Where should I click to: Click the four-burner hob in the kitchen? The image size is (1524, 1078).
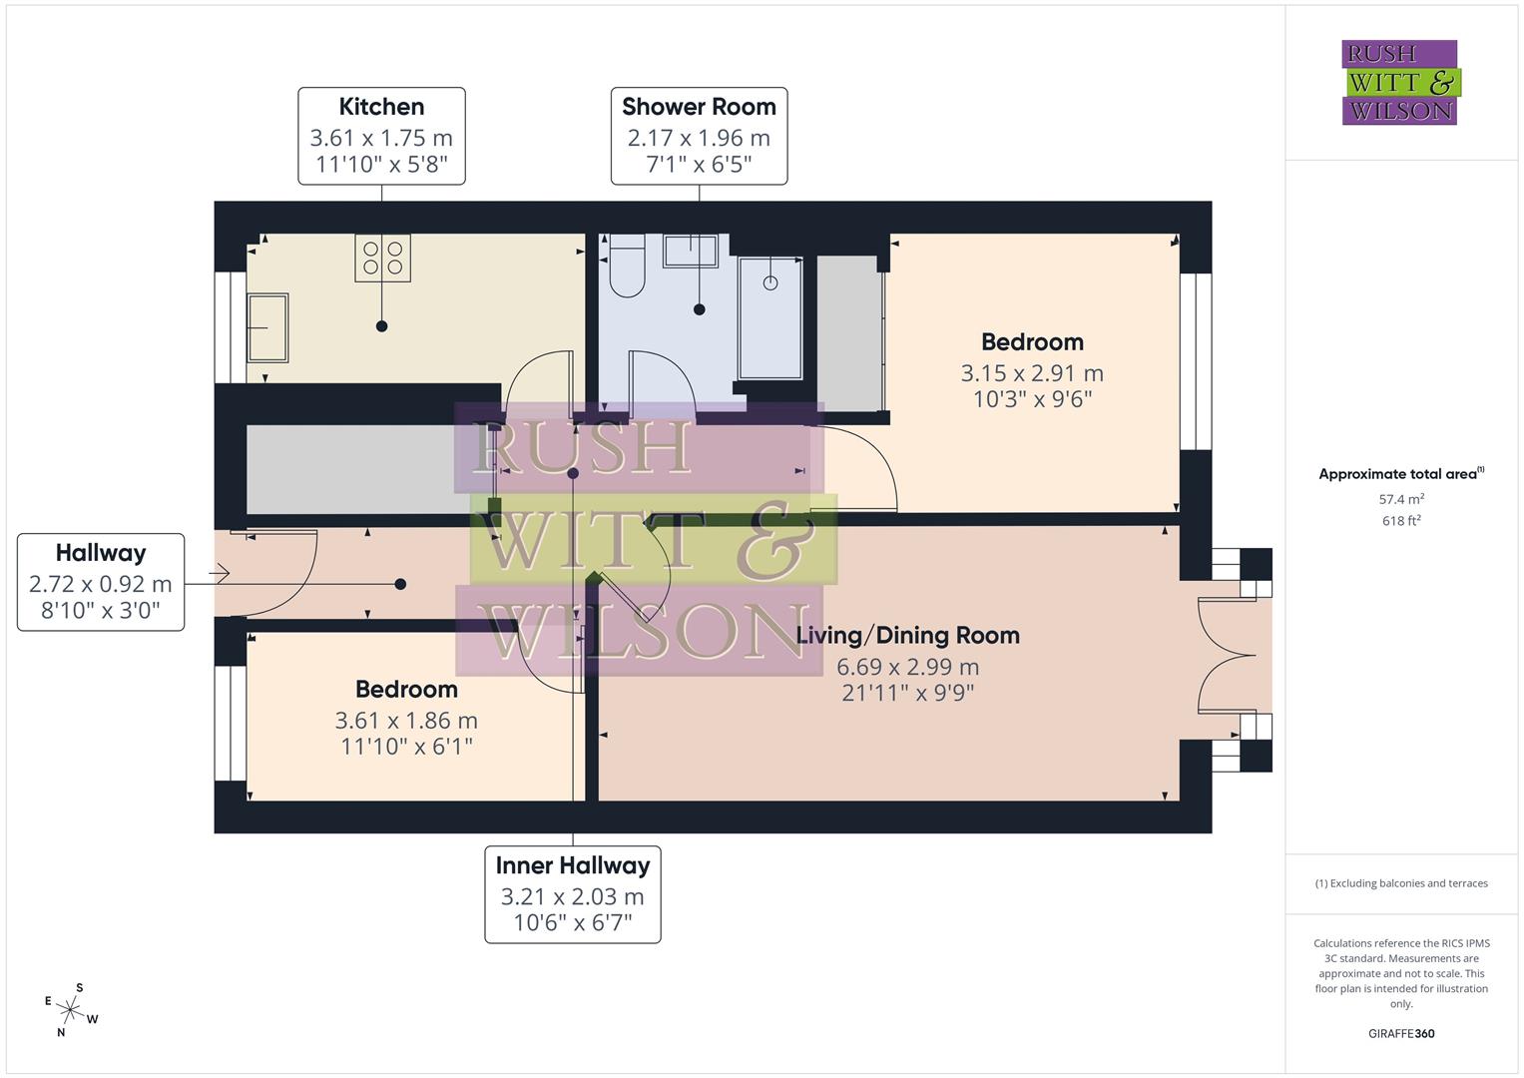pos(383,258)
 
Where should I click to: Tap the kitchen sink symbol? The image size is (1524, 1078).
pos(267,327)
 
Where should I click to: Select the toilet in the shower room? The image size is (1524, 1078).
pos(628,268)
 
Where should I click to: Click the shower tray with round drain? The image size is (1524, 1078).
pos(769,317)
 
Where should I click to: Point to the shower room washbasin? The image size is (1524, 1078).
pos(691,252)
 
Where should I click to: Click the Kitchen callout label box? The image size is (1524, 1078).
pos(381,136)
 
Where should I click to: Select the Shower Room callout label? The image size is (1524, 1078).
pos(699,136)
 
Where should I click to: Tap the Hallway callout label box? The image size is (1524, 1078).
pos(101,582)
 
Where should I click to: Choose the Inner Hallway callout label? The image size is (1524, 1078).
pos(573,894)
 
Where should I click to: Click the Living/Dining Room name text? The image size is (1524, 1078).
pos(907,636)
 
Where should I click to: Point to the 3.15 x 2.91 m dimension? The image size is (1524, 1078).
pos(1032,373)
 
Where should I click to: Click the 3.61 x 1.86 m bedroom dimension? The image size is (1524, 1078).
pos(406,721)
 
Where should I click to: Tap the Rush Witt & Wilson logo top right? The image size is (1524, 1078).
pos(1399,83)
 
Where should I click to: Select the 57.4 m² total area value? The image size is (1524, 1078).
pos(1401,499)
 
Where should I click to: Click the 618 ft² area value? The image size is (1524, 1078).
pos(1401,521)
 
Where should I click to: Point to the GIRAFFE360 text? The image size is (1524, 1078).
pos(1401,1034)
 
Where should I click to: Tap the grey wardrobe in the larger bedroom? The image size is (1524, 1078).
pos(848,333)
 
